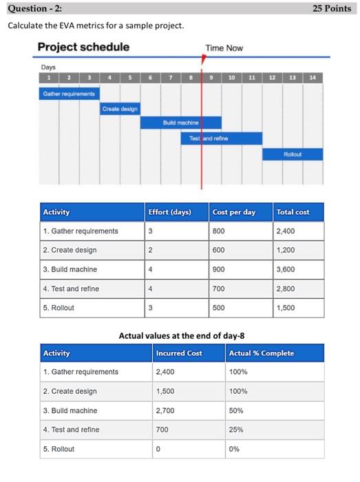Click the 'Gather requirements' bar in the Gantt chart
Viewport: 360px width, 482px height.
(70, 92)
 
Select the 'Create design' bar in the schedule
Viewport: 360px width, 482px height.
(120, 108)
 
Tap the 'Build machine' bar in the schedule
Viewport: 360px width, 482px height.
(180, 123)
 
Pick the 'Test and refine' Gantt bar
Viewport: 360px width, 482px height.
(221, 138)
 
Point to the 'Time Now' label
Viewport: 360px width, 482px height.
(224, 48)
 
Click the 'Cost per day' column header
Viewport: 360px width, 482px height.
(234, 212)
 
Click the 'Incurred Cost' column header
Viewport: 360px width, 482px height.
(179, 353)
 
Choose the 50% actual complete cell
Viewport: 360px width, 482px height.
(237, 410)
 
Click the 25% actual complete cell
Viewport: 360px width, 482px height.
(237, 430)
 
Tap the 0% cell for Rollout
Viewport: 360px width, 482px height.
(235, 449)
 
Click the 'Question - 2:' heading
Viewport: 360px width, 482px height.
(32, 8)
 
